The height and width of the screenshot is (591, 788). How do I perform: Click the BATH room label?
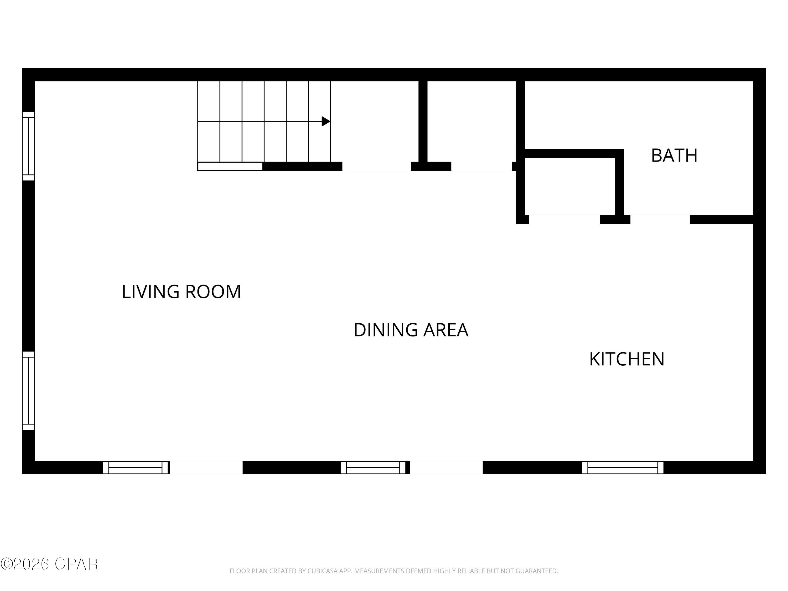point(674,156)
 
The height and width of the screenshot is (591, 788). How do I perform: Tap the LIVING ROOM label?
point(181,292)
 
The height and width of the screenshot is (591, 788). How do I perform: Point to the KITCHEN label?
point(627,359)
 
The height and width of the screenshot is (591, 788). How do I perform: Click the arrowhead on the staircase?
point(325,121)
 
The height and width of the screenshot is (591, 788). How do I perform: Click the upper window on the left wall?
point(28,146)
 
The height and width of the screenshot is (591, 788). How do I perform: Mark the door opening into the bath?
point(660,219)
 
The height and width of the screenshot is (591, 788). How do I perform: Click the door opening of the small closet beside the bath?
point(564,219)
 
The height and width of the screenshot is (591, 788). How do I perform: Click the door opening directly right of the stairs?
point(377,166)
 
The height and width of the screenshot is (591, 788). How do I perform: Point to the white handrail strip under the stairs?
point(230,166)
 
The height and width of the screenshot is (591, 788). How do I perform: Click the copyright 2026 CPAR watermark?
point(49,564)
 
